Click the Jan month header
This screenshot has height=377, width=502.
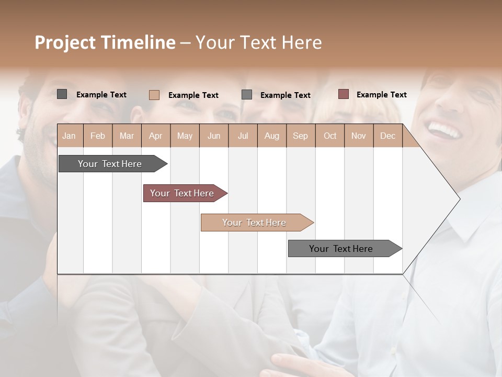pos(70,136)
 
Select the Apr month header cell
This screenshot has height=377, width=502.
pos(156,136)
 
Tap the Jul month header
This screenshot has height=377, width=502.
pos(243,136)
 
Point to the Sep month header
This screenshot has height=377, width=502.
pos(300,136)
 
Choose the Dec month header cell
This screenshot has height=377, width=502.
pos(387,136)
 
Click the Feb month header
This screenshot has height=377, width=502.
pos(98,136)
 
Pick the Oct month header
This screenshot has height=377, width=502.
pos(330,136)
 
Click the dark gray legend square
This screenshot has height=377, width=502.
pos(62,94)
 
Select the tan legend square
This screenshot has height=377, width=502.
pos(154,95)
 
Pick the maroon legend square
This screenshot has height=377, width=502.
pos(343,94)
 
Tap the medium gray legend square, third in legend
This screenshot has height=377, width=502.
pos(247,95)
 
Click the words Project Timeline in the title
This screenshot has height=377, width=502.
pos(105,42)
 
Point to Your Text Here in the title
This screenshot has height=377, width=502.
pos(259,42)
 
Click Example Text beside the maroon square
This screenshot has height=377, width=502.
pos(381,95)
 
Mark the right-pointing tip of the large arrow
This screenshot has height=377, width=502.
pos(459,199)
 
